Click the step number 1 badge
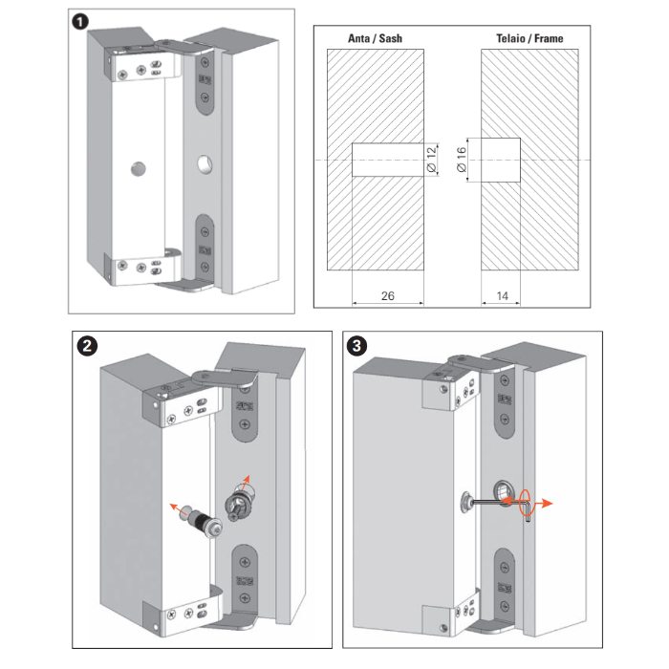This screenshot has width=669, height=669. click(81, 22)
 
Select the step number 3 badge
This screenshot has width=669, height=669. click(357, 344)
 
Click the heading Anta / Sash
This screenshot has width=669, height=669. click(375, 39)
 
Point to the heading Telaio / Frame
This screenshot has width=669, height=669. click(529, 39)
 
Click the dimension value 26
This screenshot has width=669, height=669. click(387, 296)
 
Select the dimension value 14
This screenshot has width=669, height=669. click(502, 296)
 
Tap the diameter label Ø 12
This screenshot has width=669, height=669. click(430, 161)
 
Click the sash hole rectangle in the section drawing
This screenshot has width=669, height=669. click(387, 161)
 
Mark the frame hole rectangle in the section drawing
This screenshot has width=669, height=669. click(501, 161)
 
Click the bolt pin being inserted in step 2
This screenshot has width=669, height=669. click(204, 521)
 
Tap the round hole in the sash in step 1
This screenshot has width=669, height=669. click(138, 169)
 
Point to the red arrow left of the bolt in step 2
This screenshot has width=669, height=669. click(175, 508)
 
